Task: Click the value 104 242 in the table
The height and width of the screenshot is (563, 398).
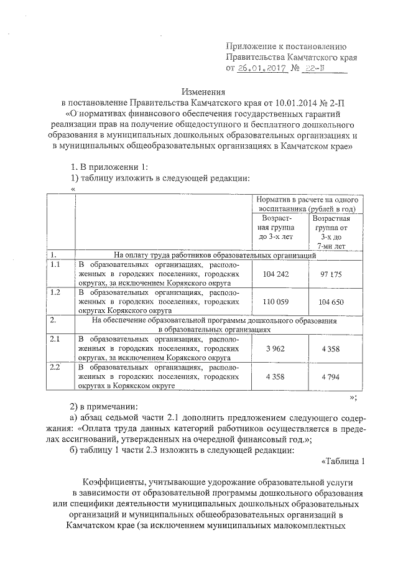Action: point(275,274)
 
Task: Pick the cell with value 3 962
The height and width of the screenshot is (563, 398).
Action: point(275,349)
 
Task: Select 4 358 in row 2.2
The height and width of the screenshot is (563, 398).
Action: point(275,377)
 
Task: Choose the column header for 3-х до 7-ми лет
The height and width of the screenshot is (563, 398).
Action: point(331,232)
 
